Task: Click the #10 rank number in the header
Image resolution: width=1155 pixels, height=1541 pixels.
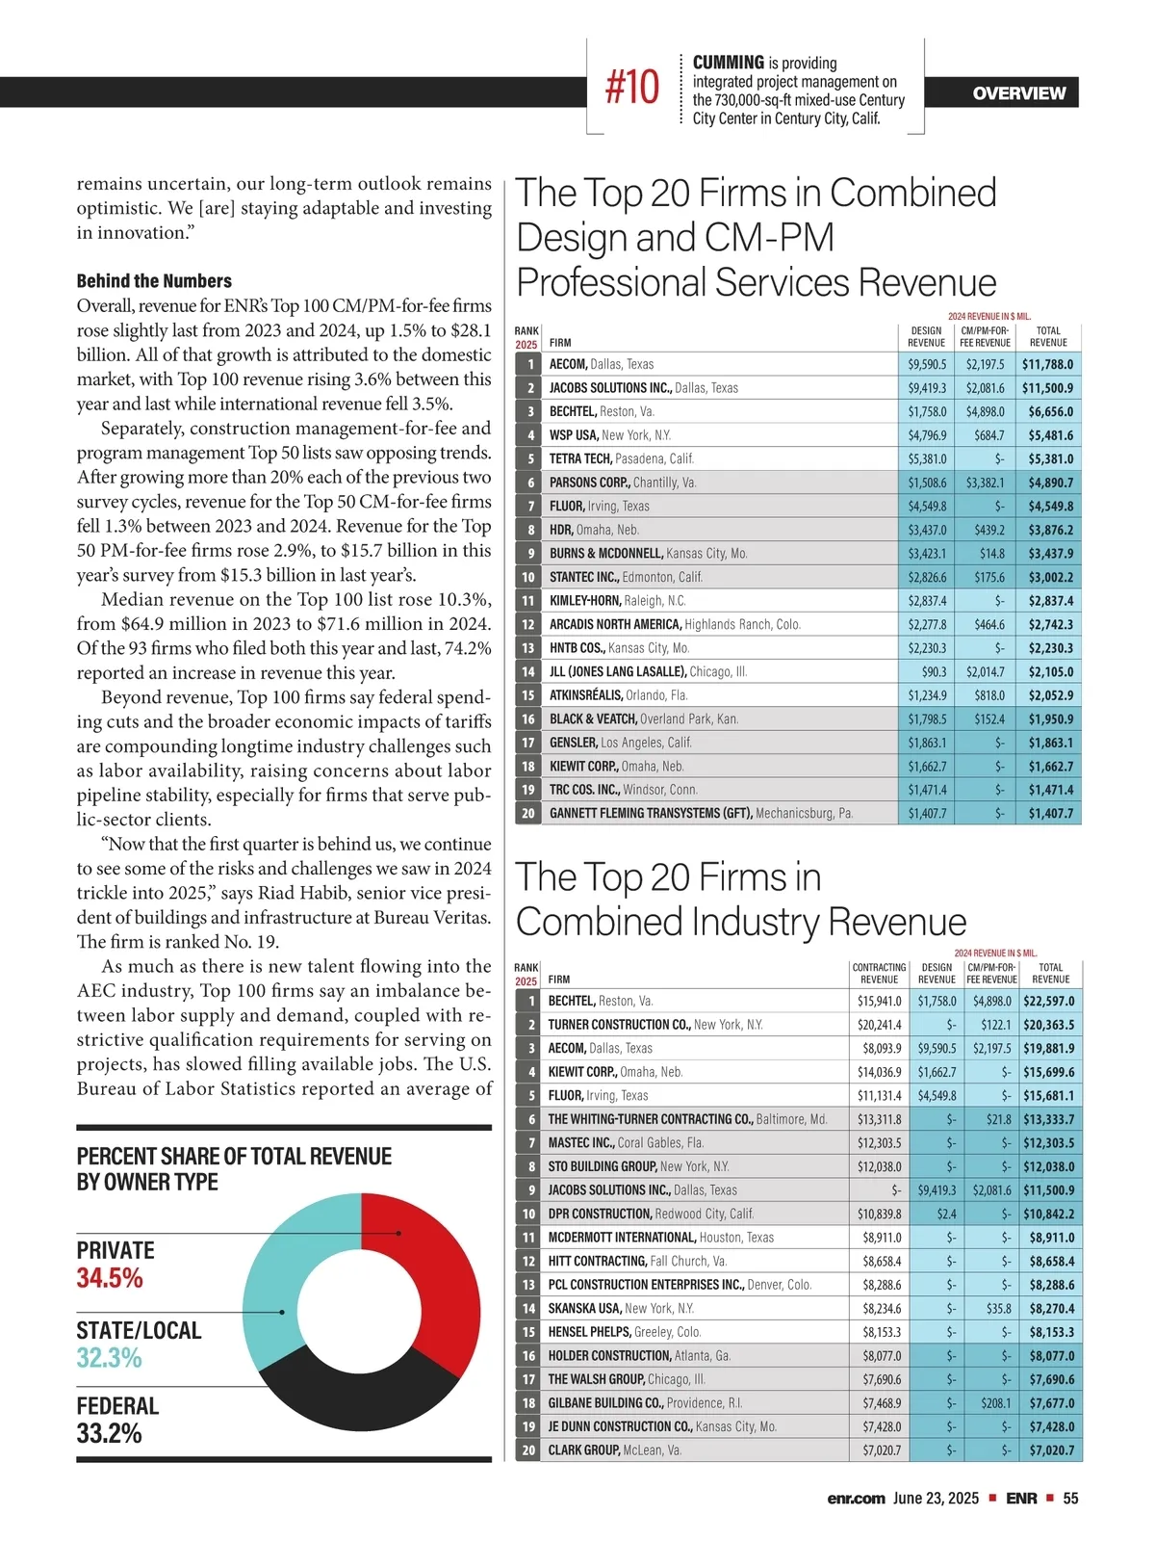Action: pyautogui.click(x=632, y=88)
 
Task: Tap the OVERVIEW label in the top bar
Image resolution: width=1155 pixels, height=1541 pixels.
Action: pyautogui.click(x=1018, y=93)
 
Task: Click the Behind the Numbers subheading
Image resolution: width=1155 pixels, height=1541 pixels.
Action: pyautogui.click(x=154, y=281)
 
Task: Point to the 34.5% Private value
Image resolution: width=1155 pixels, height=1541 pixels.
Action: pyautogui.click(x=110, y=1278)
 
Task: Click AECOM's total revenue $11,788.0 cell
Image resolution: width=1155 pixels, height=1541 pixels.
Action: pyautogui.click(x=1047, y=364)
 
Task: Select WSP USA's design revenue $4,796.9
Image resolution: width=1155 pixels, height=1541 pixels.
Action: pyautogui.click(x=927, y=435)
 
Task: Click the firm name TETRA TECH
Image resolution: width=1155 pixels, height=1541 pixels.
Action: pyautogui.click(x=580, y=458)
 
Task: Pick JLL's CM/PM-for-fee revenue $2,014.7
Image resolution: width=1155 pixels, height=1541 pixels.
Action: pyautogui.click(x=985, y=671)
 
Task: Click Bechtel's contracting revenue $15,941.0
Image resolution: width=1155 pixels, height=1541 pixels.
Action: pyautogui.click(x=880, y=1001)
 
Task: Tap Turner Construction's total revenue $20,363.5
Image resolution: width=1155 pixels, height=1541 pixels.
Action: pyautogui.click(x=1048, y=1025)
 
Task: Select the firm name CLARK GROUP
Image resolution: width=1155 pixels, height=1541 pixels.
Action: pyautogui.click(x=583, y=1450)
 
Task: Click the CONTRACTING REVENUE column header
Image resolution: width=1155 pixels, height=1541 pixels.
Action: pyautogui.click(x=879, y=973)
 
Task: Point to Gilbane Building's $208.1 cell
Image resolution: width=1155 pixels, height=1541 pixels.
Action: pyautogui.click(x=991, y=1403)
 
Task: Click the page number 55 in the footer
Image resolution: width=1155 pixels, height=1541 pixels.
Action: pyautogui.click(x=1070, y=1499)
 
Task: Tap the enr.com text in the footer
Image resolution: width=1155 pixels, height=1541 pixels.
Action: pyautogui.click(x=855, y=1499)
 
